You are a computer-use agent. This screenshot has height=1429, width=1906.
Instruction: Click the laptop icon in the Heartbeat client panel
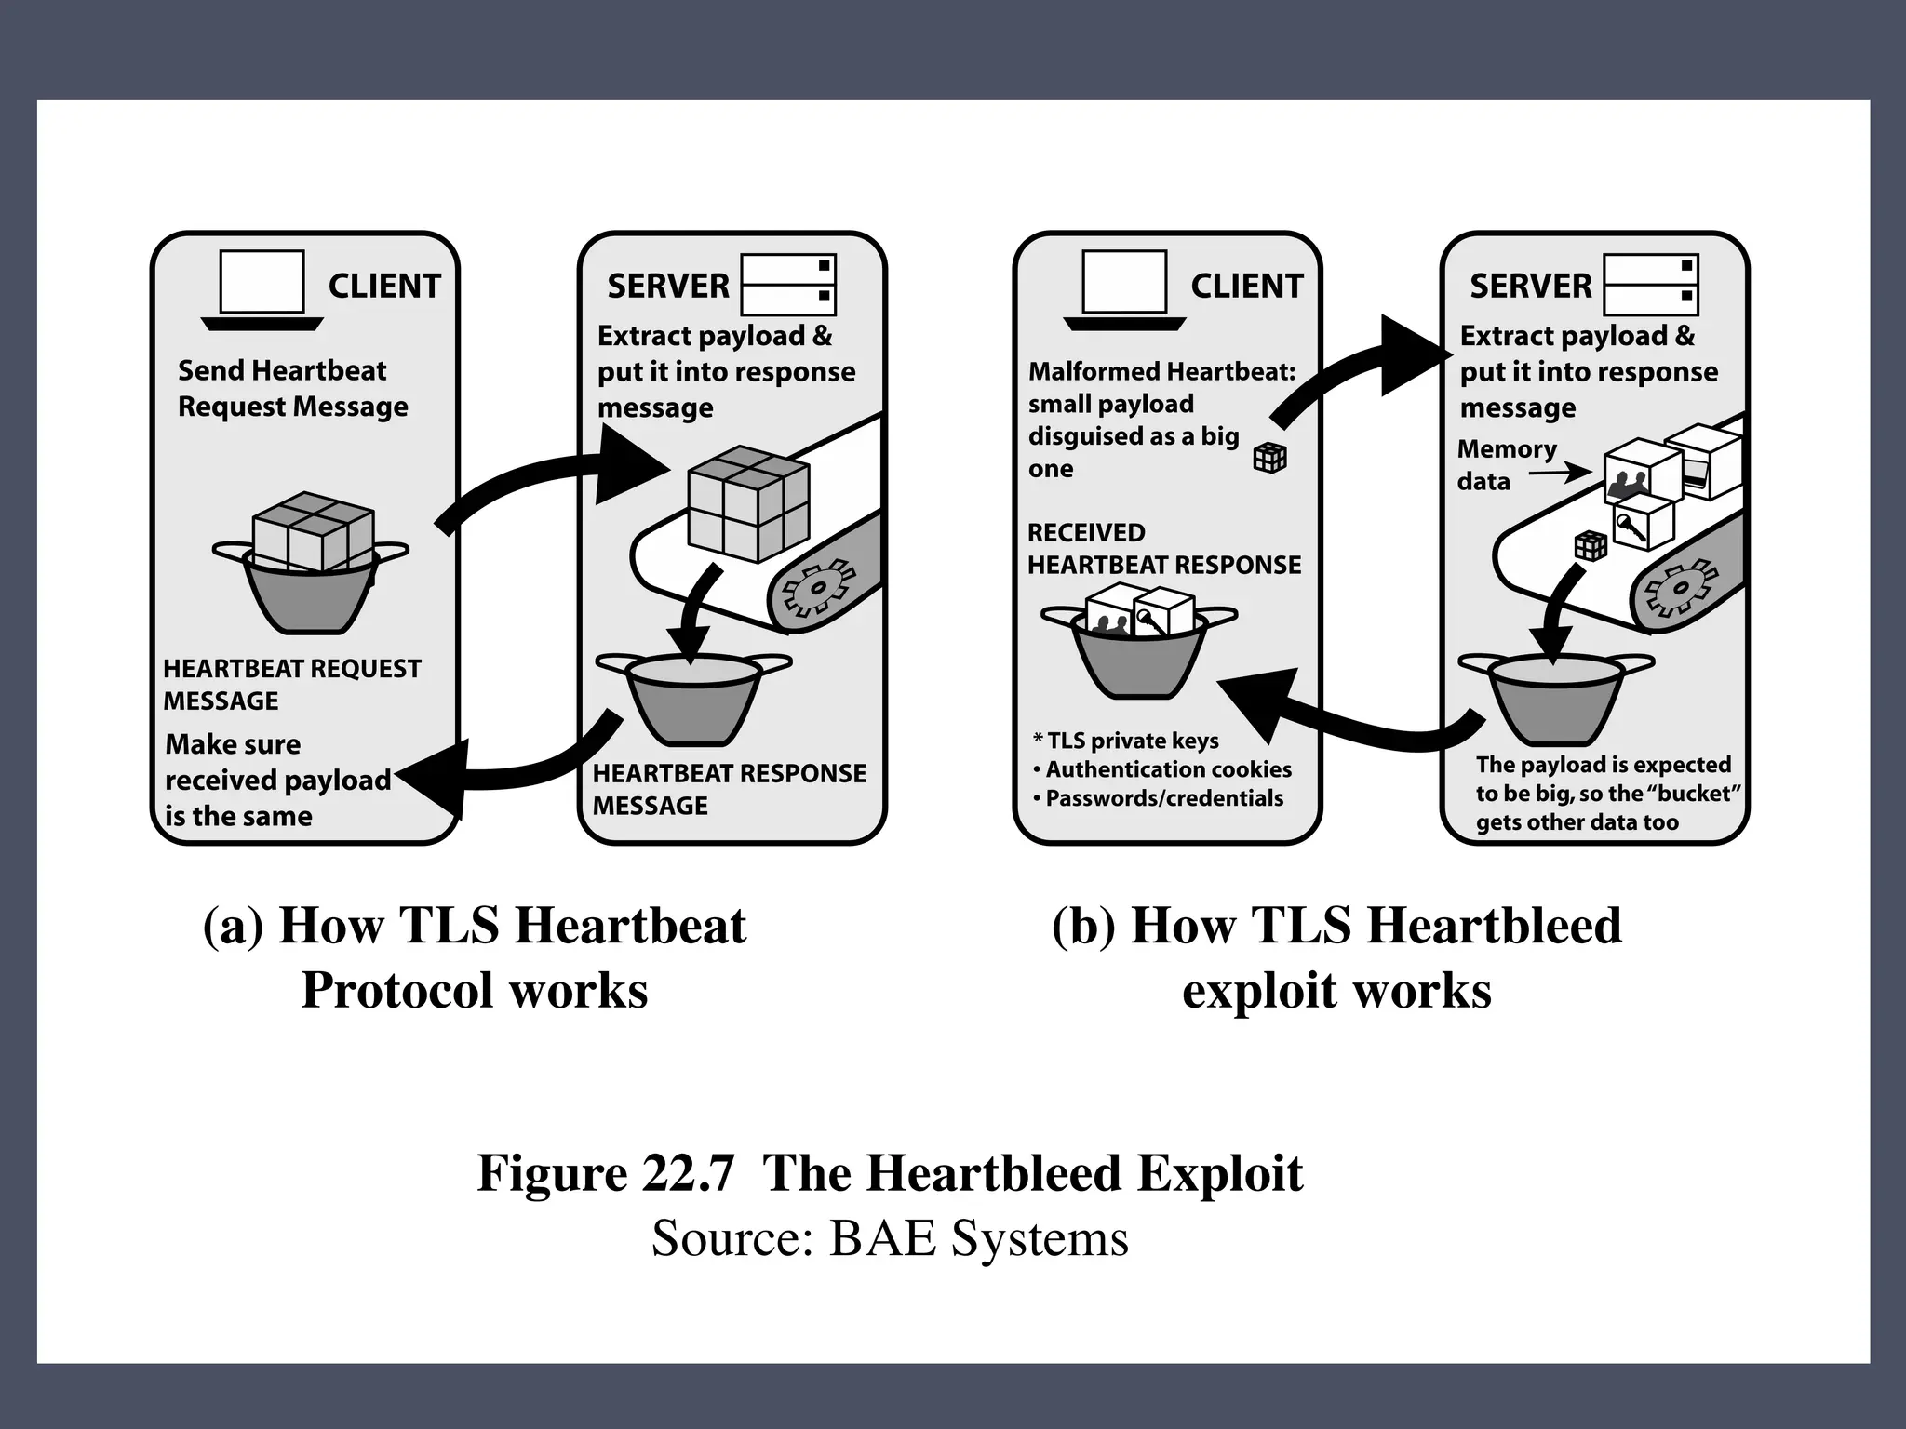coord(262,289)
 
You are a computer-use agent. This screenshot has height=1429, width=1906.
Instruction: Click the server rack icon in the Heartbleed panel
coord(1651,285)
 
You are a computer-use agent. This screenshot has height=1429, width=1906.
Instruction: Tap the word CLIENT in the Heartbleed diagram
coord(1247,286)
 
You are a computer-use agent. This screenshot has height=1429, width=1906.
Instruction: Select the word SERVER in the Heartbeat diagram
coord(668,286)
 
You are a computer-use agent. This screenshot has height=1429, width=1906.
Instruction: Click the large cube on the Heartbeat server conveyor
coord(747,503)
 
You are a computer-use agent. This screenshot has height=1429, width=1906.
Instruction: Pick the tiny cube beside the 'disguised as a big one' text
coord(1269,457)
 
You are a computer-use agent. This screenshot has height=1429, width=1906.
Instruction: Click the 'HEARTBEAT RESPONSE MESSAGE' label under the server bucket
coord(729,789)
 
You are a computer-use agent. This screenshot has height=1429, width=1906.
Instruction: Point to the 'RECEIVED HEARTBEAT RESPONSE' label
coord(1163,549)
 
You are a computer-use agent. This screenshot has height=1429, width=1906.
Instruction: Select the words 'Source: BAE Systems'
coord(890,1238)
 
